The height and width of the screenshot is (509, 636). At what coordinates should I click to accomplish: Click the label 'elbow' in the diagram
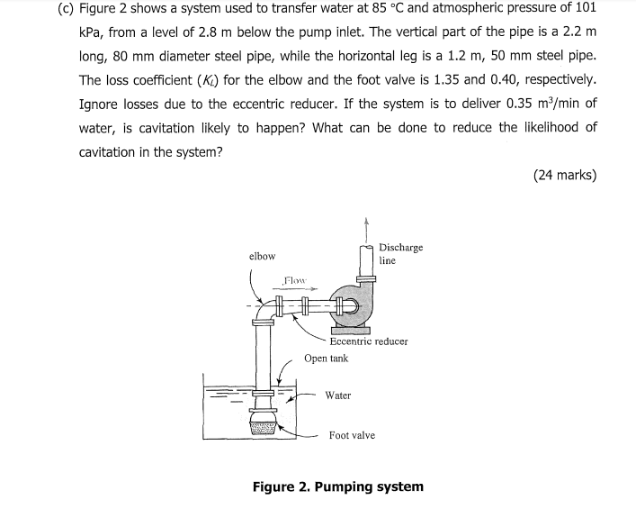click(x=262, y=256)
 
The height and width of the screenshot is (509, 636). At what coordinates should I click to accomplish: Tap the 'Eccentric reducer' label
click(x=369, y=341)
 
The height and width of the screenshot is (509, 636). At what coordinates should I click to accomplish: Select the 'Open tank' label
click(x=326, y=358)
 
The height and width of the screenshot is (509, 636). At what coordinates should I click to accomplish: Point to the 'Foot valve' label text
click(x=352, y=435)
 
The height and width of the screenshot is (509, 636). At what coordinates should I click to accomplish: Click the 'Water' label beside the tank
click(x=338, y=395)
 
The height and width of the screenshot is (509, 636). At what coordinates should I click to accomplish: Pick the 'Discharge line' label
click(x=400, y=253)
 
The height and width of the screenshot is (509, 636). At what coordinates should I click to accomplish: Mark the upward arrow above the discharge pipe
click(x=365, y=226)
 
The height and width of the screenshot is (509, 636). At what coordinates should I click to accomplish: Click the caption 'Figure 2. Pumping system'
click(x=337, y=486)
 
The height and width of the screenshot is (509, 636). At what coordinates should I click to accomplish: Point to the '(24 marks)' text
click(x=564, y=175)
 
